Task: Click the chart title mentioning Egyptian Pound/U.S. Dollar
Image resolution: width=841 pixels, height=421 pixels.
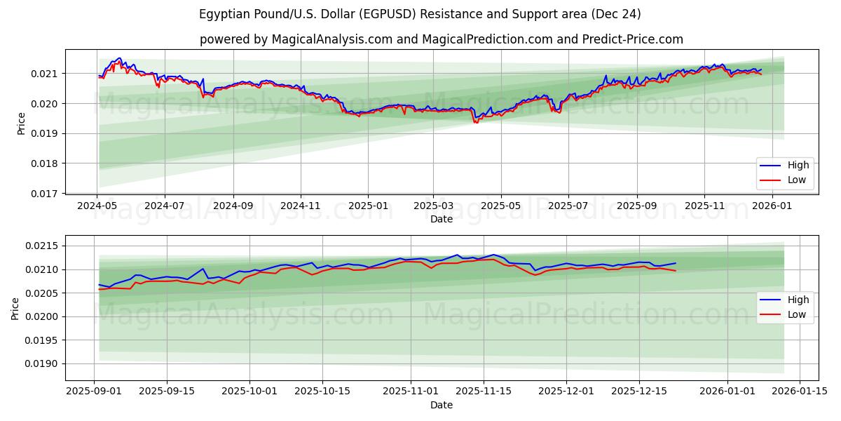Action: (x=420, y=14)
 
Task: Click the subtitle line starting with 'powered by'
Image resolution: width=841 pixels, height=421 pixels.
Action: (x=441, y=39)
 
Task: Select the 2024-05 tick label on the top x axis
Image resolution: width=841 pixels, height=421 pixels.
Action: (x=97, y=206)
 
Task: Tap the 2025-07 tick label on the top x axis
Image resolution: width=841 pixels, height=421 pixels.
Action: (x=568, y=206)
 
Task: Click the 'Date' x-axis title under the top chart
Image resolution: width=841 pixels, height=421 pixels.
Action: (x=441, y=219)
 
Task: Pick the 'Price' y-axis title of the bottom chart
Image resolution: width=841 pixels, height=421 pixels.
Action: (x=15, y=308)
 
